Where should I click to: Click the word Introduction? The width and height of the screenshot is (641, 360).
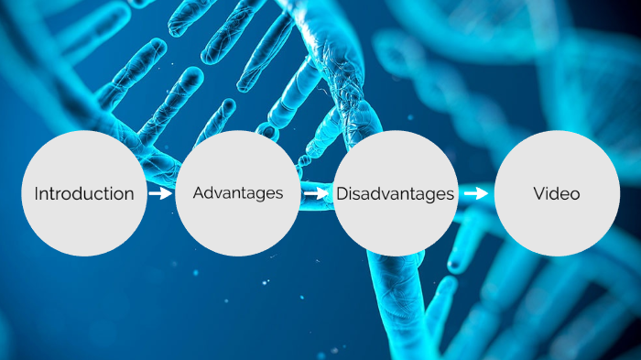pos(84,193)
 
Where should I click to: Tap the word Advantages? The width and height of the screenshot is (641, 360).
pos(237,193)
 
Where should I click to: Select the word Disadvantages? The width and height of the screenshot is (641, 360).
pos(395,193)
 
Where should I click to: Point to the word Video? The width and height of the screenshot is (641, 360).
pos(556,193)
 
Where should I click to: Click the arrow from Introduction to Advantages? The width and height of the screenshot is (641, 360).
pos(160,193)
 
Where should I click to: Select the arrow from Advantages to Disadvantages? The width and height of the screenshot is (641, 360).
pos(317,193)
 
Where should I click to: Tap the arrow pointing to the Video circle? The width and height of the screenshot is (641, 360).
pos(476,193)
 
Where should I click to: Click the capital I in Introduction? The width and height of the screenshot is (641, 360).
pos(37,193)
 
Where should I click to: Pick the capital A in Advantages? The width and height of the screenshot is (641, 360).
pos(199,193)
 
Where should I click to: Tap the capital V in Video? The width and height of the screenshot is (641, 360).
pos(538,193)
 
